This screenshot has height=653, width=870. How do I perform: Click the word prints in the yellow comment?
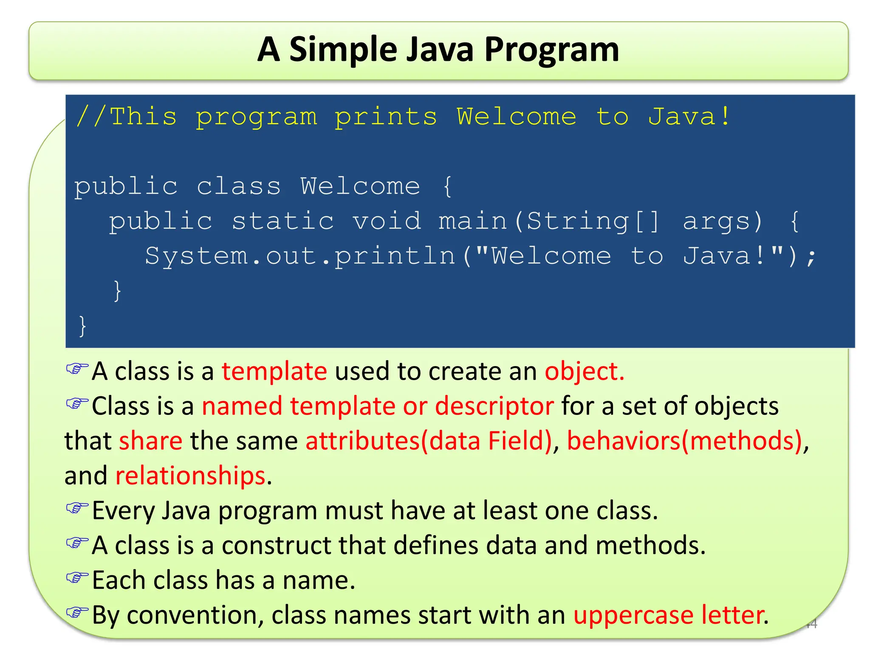coord(386,117)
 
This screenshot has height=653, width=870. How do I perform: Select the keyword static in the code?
coord(282,221)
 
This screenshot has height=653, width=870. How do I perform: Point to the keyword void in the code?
coord(387,221)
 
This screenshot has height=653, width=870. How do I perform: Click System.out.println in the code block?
coord(300,256)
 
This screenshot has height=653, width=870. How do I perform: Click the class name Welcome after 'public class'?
coord(360,187)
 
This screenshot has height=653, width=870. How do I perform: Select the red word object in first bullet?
coord(585,372)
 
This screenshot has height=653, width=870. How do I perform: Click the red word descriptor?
coord(494,406)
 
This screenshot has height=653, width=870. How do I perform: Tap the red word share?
coord(151,441)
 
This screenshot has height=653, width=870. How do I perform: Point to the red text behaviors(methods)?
coord(685,441)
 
